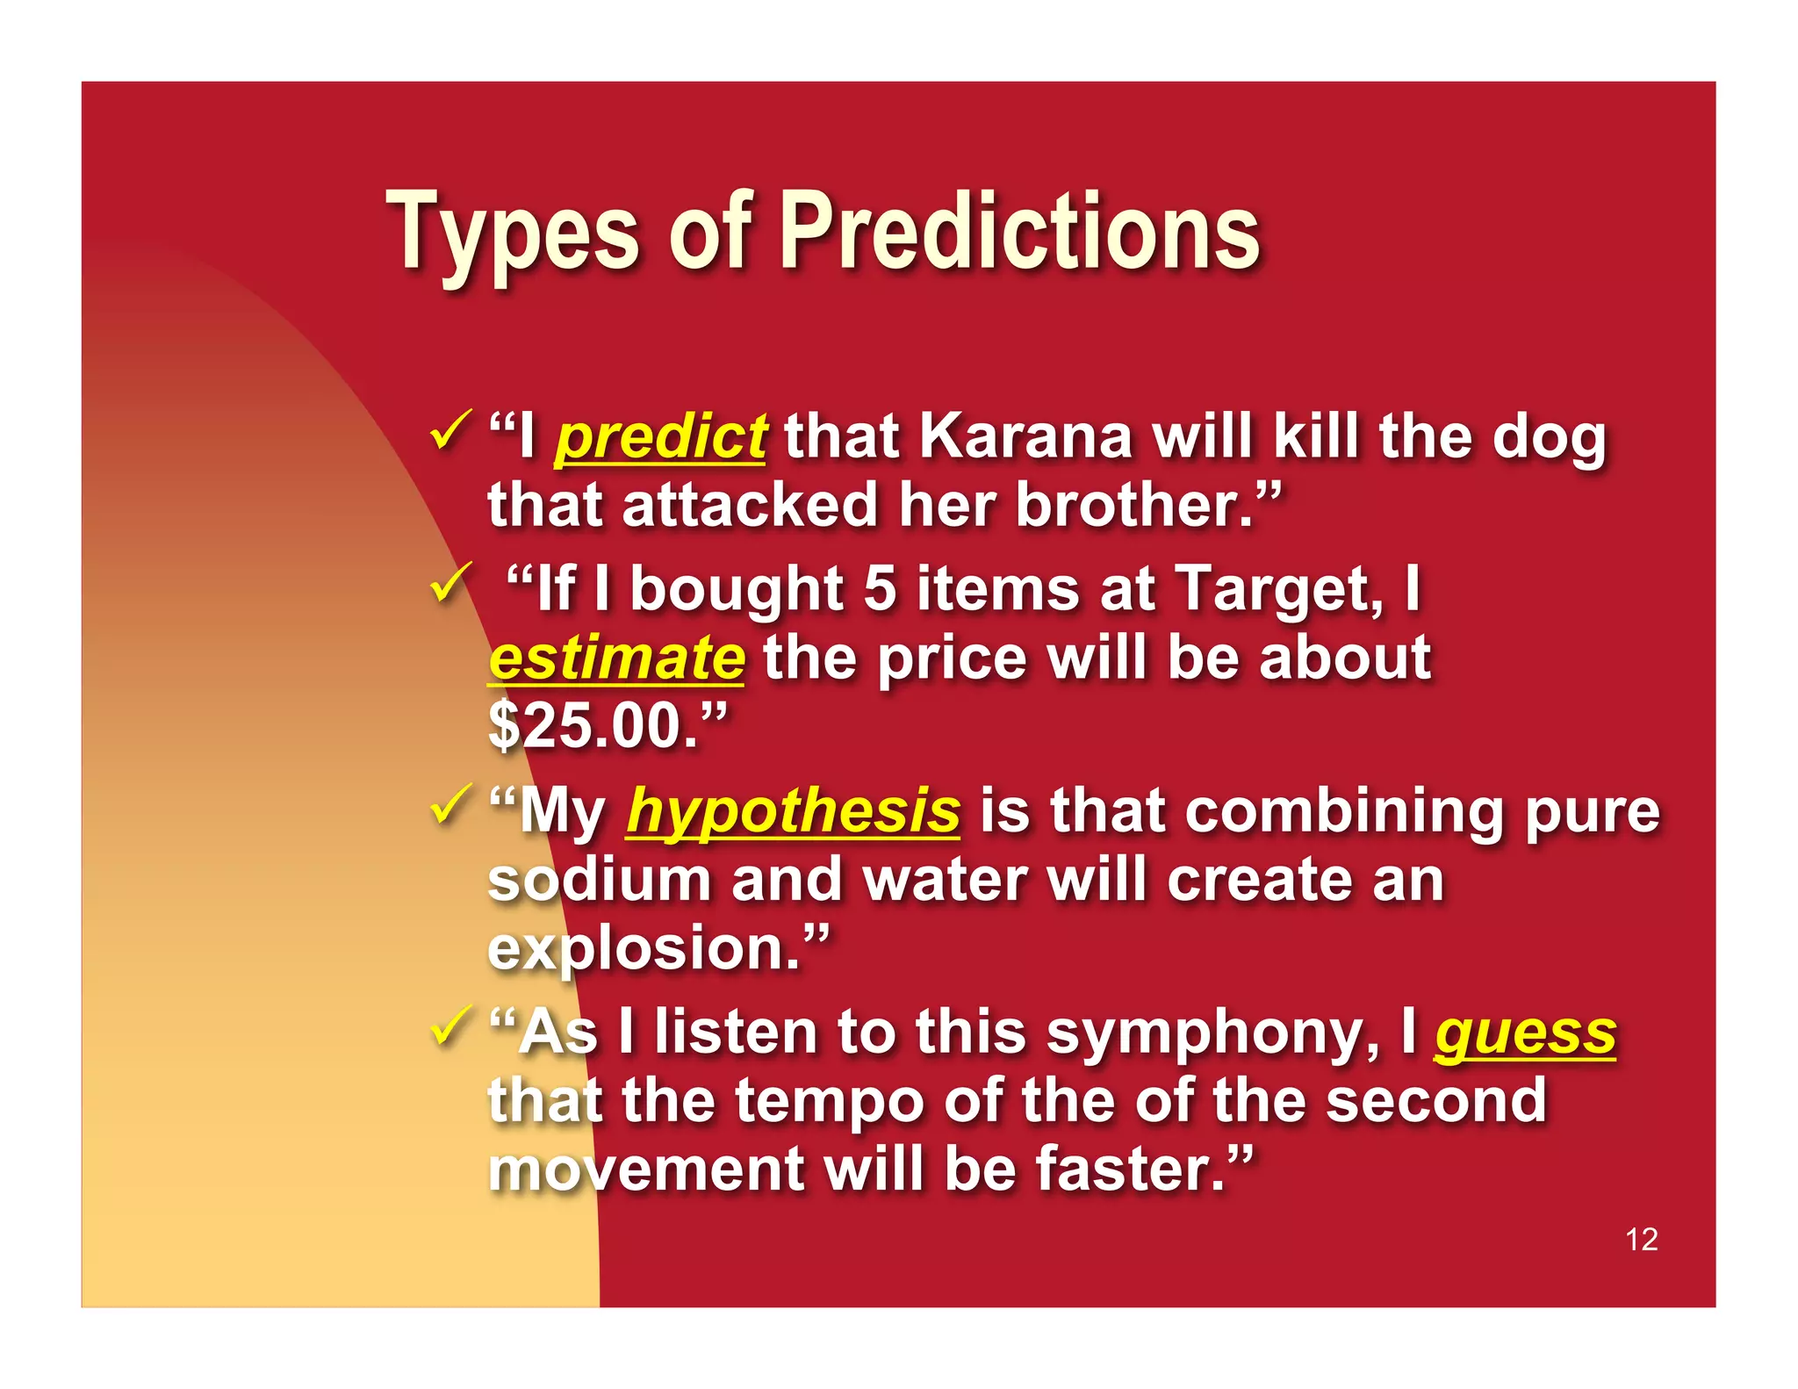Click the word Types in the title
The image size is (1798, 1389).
(513, 233)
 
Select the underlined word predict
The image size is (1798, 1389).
(660, 436)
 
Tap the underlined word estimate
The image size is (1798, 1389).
(617, 659)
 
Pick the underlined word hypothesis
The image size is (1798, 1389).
(793, 811)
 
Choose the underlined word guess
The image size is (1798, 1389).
(1525, 1033)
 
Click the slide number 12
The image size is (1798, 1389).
(1641, 1239)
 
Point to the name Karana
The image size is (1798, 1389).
(1025, 436)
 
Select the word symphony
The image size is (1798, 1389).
(1212, 1033)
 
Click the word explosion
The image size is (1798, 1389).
(644, 949)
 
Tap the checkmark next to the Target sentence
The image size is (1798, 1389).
(451, 582)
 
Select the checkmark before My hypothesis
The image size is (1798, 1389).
(451, 804)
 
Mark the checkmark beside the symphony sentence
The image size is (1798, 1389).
(451, 1026)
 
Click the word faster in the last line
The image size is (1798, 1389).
(1129, 1169)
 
